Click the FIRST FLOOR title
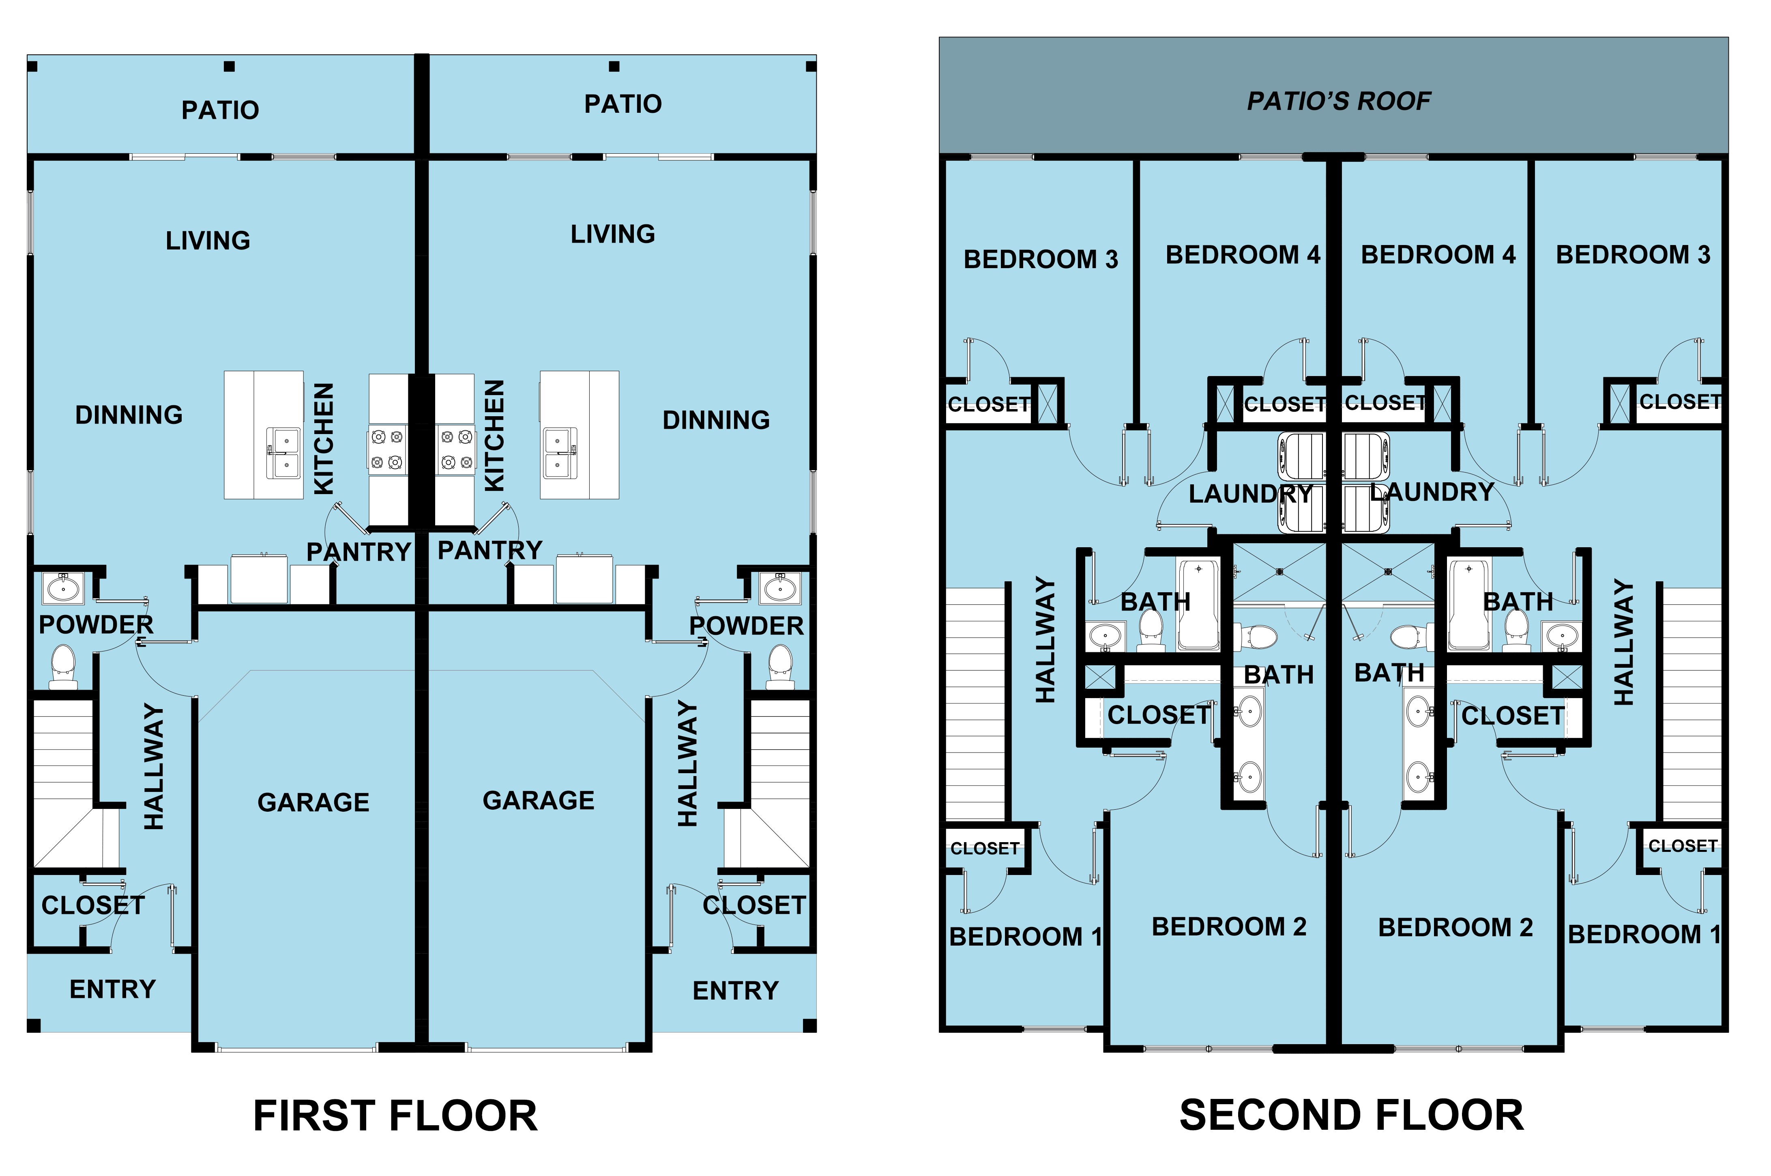tap(395, 1115)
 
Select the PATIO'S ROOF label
tap(1338, 101)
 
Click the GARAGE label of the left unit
tap(313, 802)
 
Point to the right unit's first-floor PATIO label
tap(623, 104)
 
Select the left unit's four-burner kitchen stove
tap(388, 449)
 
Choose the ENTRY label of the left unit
tap(112, 989)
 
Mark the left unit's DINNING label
tap(129, 415)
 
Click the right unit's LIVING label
tap(613, 234)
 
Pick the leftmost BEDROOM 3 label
tap(1041, 260)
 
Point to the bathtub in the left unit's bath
tap(1198, 604)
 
